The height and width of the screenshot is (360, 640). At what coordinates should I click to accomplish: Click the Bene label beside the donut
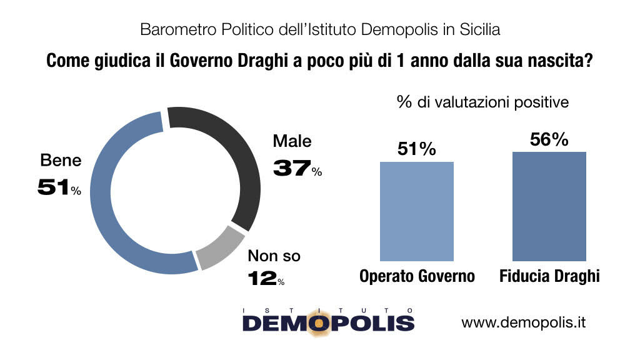(61, 161)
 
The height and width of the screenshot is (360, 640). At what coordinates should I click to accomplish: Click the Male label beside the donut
(292, 141)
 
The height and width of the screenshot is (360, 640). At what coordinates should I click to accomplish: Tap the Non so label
(274, 256)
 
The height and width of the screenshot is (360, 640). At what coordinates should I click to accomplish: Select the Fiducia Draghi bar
(549, 206)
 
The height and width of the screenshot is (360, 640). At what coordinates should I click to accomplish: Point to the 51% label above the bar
(416, 149)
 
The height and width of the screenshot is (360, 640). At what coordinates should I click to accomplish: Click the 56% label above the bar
(549, 140)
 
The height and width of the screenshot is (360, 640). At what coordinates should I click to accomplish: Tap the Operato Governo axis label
(417, 276)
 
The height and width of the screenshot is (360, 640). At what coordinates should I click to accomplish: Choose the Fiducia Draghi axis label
(549, 276)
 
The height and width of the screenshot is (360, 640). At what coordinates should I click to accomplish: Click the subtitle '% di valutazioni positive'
(482, 102)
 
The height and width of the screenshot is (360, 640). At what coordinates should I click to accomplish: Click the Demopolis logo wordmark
(328, 322)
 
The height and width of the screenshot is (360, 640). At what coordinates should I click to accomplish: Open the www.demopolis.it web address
(523, 322)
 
